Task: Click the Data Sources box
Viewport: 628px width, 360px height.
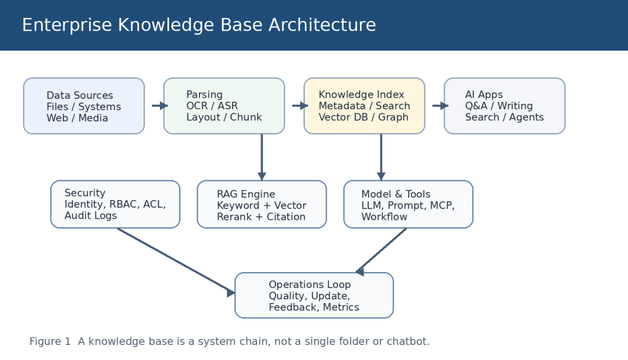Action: coord(84,106)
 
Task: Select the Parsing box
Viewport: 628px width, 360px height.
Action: coord(224,106)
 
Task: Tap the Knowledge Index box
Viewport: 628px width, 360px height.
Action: coord(364,106)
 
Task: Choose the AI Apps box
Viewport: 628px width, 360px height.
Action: coord(504,106)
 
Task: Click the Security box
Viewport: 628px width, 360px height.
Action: coord(115,204)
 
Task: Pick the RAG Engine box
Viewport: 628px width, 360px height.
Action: coord(262,204)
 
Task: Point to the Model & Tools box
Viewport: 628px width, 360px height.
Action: coord(408,204)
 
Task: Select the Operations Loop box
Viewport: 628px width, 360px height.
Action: coord(314,295)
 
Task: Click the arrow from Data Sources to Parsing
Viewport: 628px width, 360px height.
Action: coord(160,106)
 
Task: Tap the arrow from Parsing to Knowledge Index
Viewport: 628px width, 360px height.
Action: coord(300,106)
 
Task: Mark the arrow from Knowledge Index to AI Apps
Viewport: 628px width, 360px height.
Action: coord(440,106)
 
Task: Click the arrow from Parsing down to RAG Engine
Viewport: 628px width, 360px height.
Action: coord(262,157)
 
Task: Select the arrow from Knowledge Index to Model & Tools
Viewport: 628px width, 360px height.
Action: coord(381,157)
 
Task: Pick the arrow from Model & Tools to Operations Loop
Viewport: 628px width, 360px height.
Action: coord(381,251)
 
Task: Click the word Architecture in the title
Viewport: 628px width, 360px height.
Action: coord(322,25)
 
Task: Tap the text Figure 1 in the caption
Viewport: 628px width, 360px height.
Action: coord(49,341)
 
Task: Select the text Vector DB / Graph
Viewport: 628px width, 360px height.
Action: coord(363,117)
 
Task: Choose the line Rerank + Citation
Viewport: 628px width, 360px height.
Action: coord(261,217)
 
